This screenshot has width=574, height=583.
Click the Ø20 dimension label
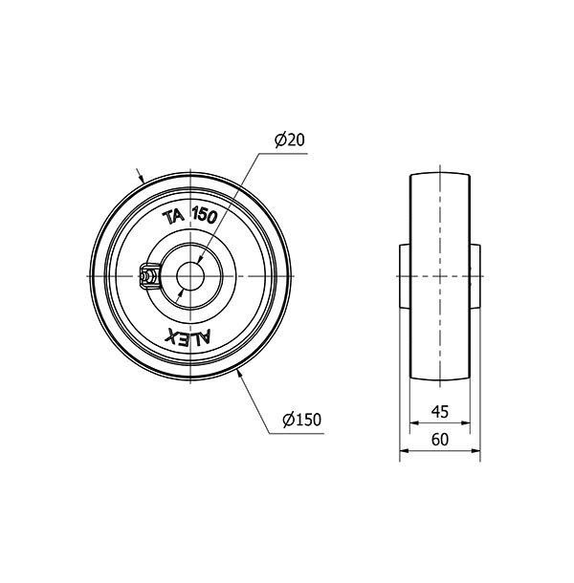[x=289, y=140]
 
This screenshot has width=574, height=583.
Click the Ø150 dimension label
[x=301, y=420]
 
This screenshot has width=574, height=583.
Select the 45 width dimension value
[x=440, y=412]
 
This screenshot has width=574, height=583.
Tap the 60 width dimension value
[x=440, y=440]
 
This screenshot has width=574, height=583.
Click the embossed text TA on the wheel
[x=173, y=218]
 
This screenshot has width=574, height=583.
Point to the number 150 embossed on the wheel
[x=205, y=215]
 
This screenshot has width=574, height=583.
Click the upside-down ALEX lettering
[x=188, y=337]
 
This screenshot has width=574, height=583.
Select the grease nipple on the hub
[x=148, y=276]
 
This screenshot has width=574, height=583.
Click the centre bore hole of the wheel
[x=190, y=276]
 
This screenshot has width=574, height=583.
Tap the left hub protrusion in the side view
[x=405, y=276]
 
